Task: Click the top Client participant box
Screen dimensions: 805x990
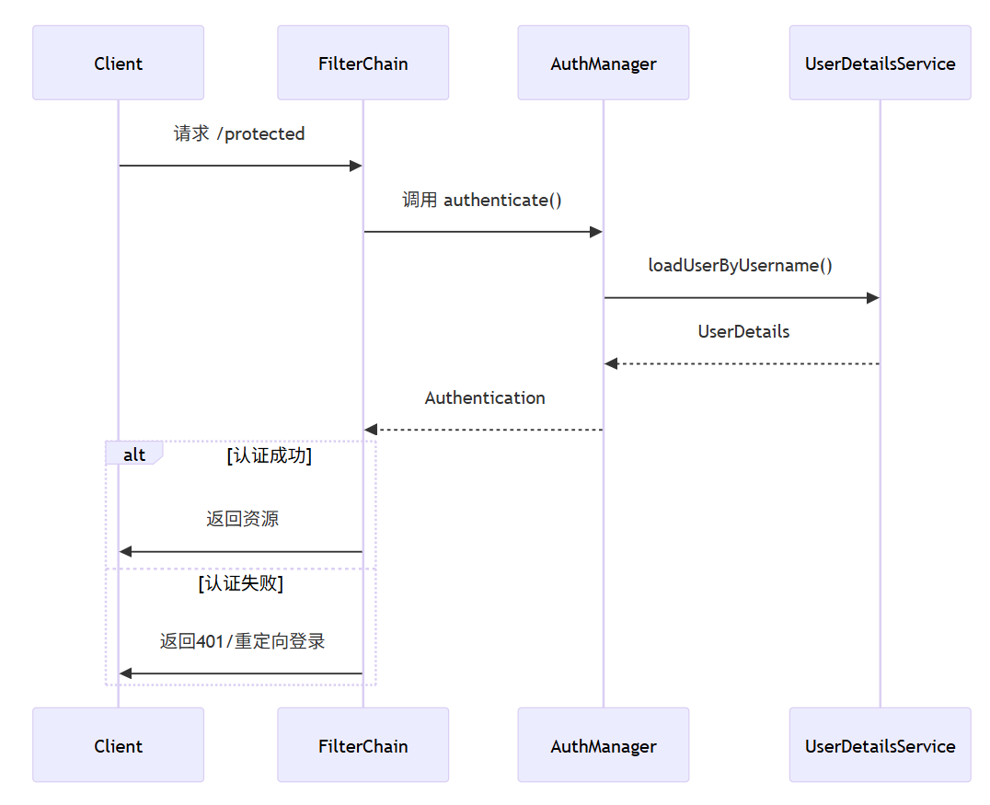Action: tap(118, 63)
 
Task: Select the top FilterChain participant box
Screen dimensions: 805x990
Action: tap(363, 63)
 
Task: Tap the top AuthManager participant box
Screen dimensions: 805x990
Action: tap(603, 63)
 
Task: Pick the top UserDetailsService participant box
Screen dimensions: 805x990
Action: tap(880, 63)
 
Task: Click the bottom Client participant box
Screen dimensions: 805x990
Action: tap(118, 745)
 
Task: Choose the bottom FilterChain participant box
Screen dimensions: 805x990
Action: tap(363, 745)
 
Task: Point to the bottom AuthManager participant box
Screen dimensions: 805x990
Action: tap(603, 745)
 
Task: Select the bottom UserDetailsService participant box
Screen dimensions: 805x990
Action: tap(880, 745)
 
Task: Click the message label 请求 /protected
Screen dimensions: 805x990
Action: tap(239, 134)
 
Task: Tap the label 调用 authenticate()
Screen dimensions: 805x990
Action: tap(482, 200)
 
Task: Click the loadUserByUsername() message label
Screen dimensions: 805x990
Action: tap(740, 266)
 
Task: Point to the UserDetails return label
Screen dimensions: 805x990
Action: tap(743, 332)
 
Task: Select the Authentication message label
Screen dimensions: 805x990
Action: tap(485, 398)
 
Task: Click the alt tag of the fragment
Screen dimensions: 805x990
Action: tap(134, 454)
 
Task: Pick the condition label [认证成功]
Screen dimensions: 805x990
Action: tap(269, 455)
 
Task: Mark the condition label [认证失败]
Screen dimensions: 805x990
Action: tap(240, 583)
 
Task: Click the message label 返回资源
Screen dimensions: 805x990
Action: tap(242, 519)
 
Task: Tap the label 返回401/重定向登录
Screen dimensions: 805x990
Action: tap(242, 641)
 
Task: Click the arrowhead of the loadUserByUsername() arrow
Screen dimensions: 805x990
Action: tap(872, 298)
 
